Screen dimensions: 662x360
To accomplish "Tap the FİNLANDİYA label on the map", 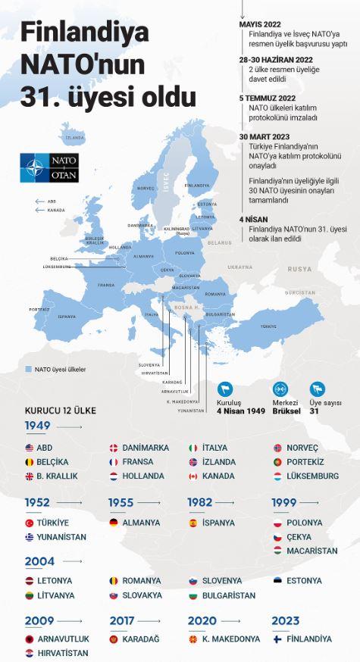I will click(196, 185).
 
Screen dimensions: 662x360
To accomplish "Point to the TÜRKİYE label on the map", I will click(268, 326).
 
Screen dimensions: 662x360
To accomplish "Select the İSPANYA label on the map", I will click(67, 317).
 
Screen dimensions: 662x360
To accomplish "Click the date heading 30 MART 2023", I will click(265, 136).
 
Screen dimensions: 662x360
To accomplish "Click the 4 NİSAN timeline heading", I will click(251, 219).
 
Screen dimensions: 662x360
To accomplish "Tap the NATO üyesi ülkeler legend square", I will click(28, 370).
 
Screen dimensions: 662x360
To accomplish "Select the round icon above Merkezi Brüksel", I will click(280, 386).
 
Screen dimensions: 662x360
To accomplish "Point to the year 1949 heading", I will click(37, 426).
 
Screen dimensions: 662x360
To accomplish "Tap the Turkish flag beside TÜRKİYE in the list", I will click(30, 523).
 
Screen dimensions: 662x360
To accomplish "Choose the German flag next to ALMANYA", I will click(113, 523).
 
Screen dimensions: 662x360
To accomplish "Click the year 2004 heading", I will click(39, 561).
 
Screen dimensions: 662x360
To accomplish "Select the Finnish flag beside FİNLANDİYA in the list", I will click(277, 639).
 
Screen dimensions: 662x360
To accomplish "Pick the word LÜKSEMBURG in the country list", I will click(313, 476).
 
